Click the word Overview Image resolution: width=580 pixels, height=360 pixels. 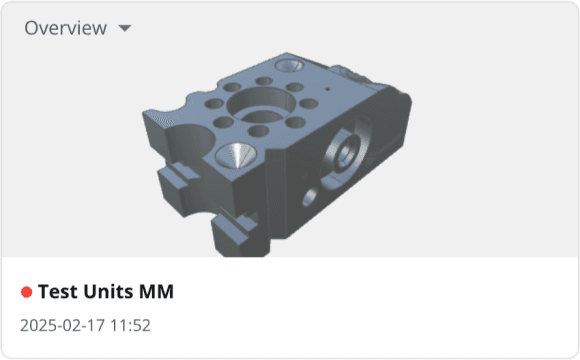[x=65, y=28]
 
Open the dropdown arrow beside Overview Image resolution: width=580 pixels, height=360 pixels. [x=125, y=28]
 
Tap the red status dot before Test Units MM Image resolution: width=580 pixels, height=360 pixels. [x=26, y=292]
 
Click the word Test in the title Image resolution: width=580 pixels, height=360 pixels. [x=57, y=292]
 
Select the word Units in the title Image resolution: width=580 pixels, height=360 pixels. [x=107, y=292]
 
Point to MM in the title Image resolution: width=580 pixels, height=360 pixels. [x=156, y=292]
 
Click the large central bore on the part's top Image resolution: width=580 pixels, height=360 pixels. [x=257, y=105]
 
